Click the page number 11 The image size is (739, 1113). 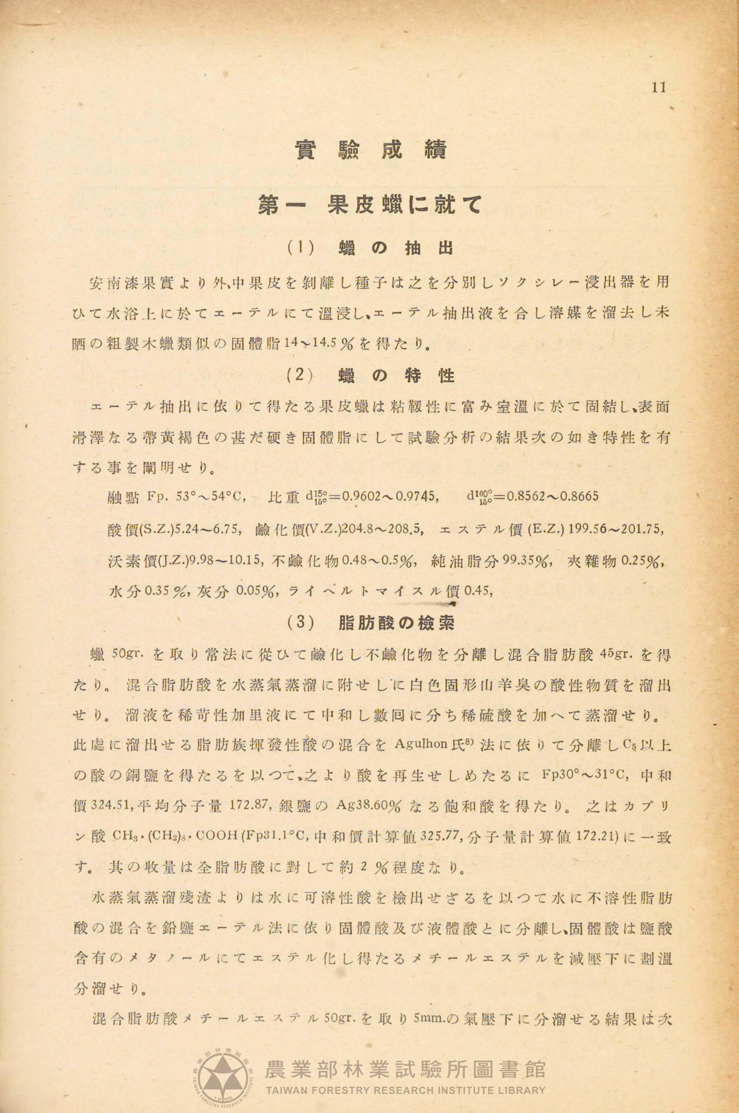click(x=658, y=88)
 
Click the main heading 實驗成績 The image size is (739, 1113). click(x=371, y=150)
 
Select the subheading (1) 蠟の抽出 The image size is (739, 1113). click(x=371, y=248)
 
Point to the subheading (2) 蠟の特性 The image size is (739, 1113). click(x=371, y=376)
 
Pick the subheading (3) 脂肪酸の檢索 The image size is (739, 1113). click(x=371, y=622)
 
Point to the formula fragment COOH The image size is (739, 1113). click(x=216, y=837)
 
